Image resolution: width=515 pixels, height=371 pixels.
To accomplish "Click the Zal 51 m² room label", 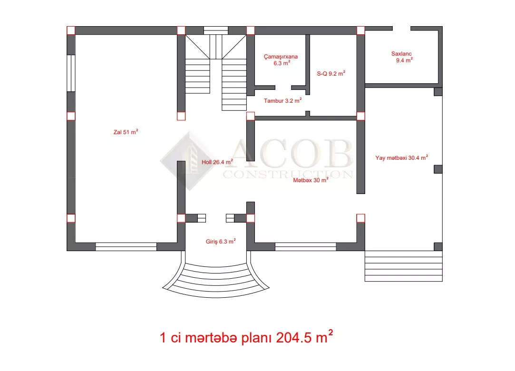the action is point(126,132).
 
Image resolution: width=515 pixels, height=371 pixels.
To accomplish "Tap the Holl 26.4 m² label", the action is point(217,162).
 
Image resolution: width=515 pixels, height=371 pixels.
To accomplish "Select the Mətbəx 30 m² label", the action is point(311,180).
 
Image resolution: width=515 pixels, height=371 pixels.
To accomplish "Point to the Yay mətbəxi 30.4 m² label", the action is point(402,158).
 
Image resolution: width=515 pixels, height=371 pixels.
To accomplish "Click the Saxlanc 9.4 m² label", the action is point(403,57).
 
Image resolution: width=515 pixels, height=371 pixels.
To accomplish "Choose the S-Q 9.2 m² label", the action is point(331,74).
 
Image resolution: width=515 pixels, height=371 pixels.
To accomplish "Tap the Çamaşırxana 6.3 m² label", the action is point(281,60).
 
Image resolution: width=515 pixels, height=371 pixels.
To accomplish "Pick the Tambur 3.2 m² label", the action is point(283,100).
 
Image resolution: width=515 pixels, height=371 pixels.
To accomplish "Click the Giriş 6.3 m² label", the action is point(221,242).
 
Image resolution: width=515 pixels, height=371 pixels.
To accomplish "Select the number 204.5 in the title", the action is point(293,338).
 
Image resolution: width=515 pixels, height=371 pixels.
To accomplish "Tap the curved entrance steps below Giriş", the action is point(216,279).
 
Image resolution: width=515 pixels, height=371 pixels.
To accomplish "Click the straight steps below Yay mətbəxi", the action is point(403,266).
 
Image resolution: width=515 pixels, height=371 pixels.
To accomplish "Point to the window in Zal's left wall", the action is point(71,73).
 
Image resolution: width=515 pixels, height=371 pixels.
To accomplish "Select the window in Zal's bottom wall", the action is point(126,247).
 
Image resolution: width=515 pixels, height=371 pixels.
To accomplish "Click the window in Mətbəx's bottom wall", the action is point(305,247).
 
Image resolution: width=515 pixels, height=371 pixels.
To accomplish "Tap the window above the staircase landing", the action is point(216,30).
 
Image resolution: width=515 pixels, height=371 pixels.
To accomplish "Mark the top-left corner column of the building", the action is point(71,30).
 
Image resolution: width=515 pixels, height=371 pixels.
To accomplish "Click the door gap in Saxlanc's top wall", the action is point(401,29).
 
